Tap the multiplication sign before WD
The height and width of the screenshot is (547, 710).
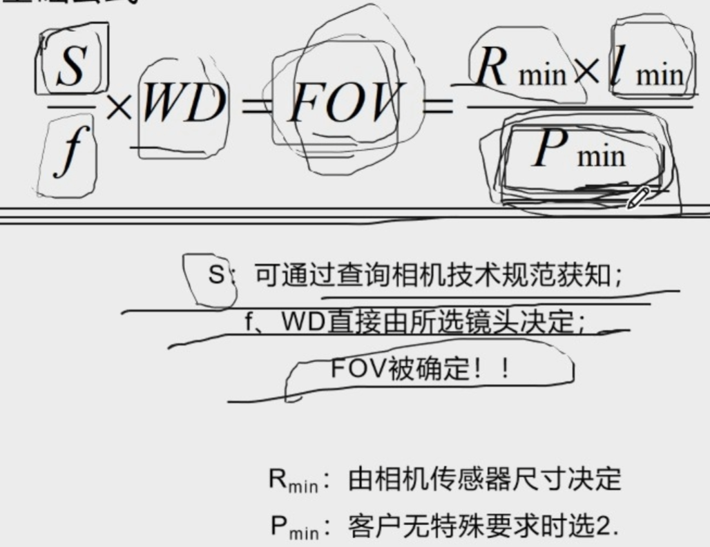[119, 108]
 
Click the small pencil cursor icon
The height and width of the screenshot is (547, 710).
[637, 197]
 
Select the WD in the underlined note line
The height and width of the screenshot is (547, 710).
[304, 322]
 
